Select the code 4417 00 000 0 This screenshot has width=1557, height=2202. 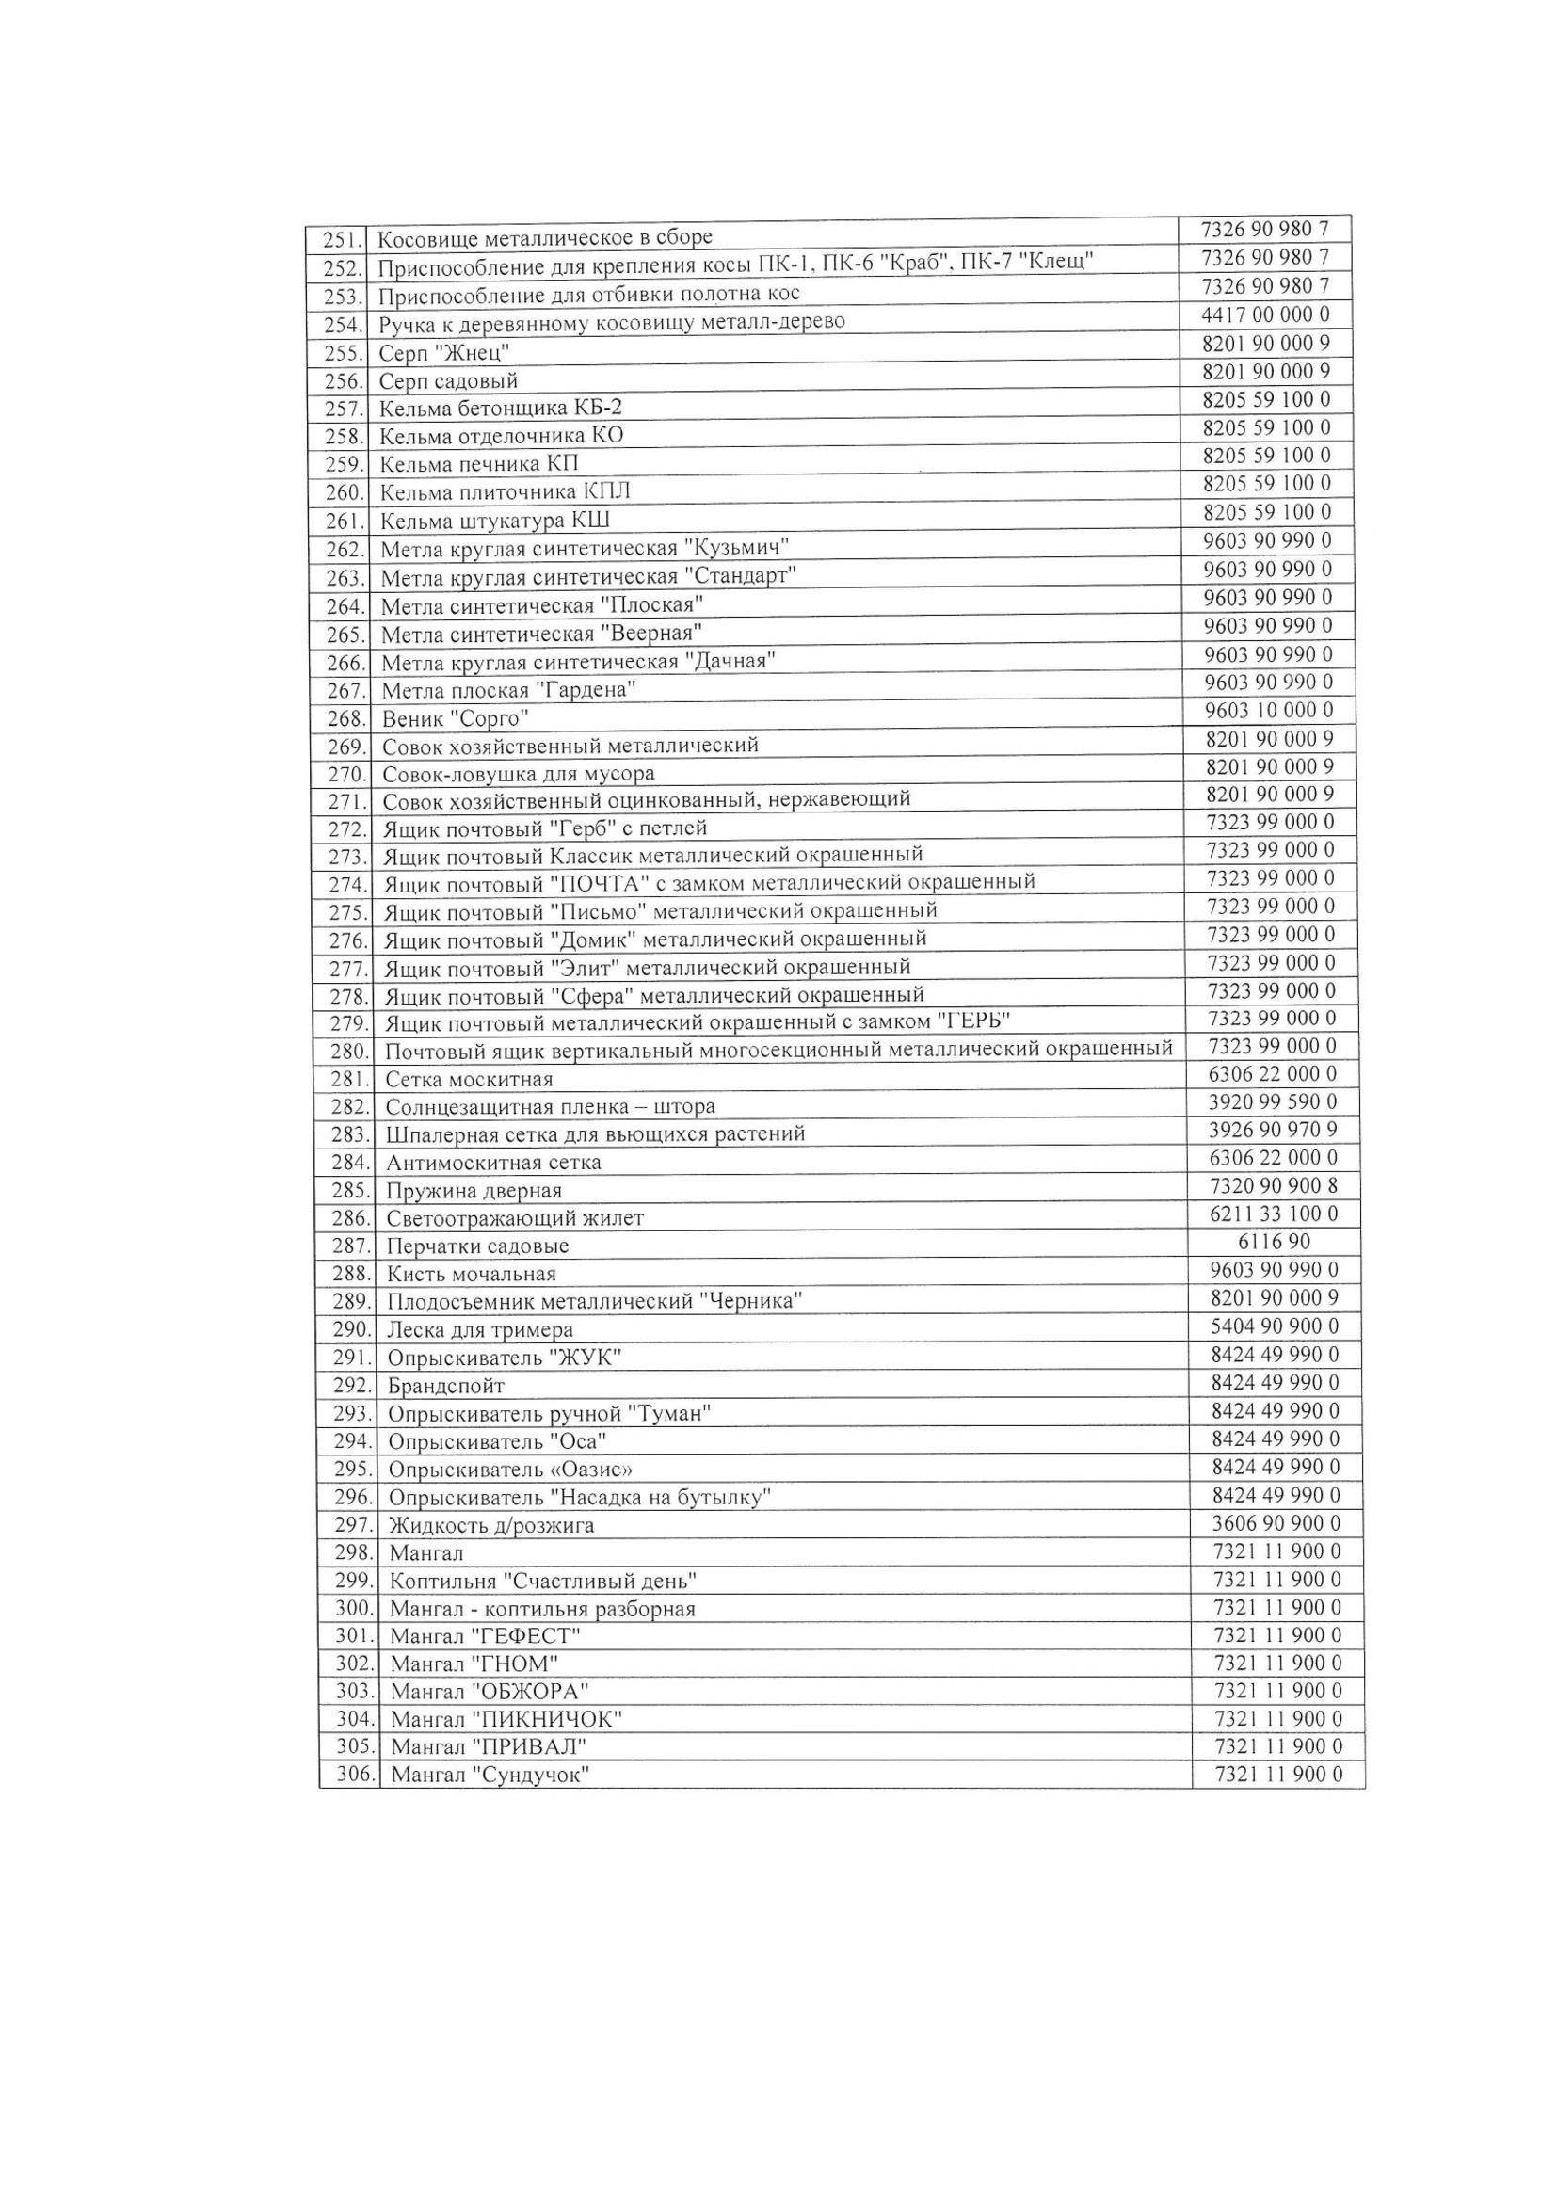(1265, 314)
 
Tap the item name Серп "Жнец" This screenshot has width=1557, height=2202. (444, 353)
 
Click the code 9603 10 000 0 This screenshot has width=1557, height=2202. (1268, 711)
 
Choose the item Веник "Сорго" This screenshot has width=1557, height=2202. (456, 718)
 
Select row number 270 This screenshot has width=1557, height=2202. (347, 774)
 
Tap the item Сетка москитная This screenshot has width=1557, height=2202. (469, 1080)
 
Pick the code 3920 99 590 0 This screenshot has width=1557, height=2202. (1273, 1102)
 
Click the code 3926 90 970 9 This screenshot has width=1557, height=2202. (1273, 1130)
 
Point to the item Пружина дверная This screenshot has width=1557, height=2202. (474, 1191)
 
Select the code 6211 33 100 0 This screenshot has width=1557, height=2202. (1274, 1214)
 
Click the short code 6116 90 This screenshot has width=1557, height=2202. (1275, 1242)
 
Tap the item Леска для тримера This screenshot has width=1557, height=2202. (479, 1330)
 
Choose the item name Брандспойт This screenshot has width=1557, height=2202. (446, 1386)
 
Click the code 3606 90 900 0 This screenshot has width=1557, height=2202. (1276, 1524)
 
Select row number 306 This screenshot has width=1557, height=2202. (355, 1776)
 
